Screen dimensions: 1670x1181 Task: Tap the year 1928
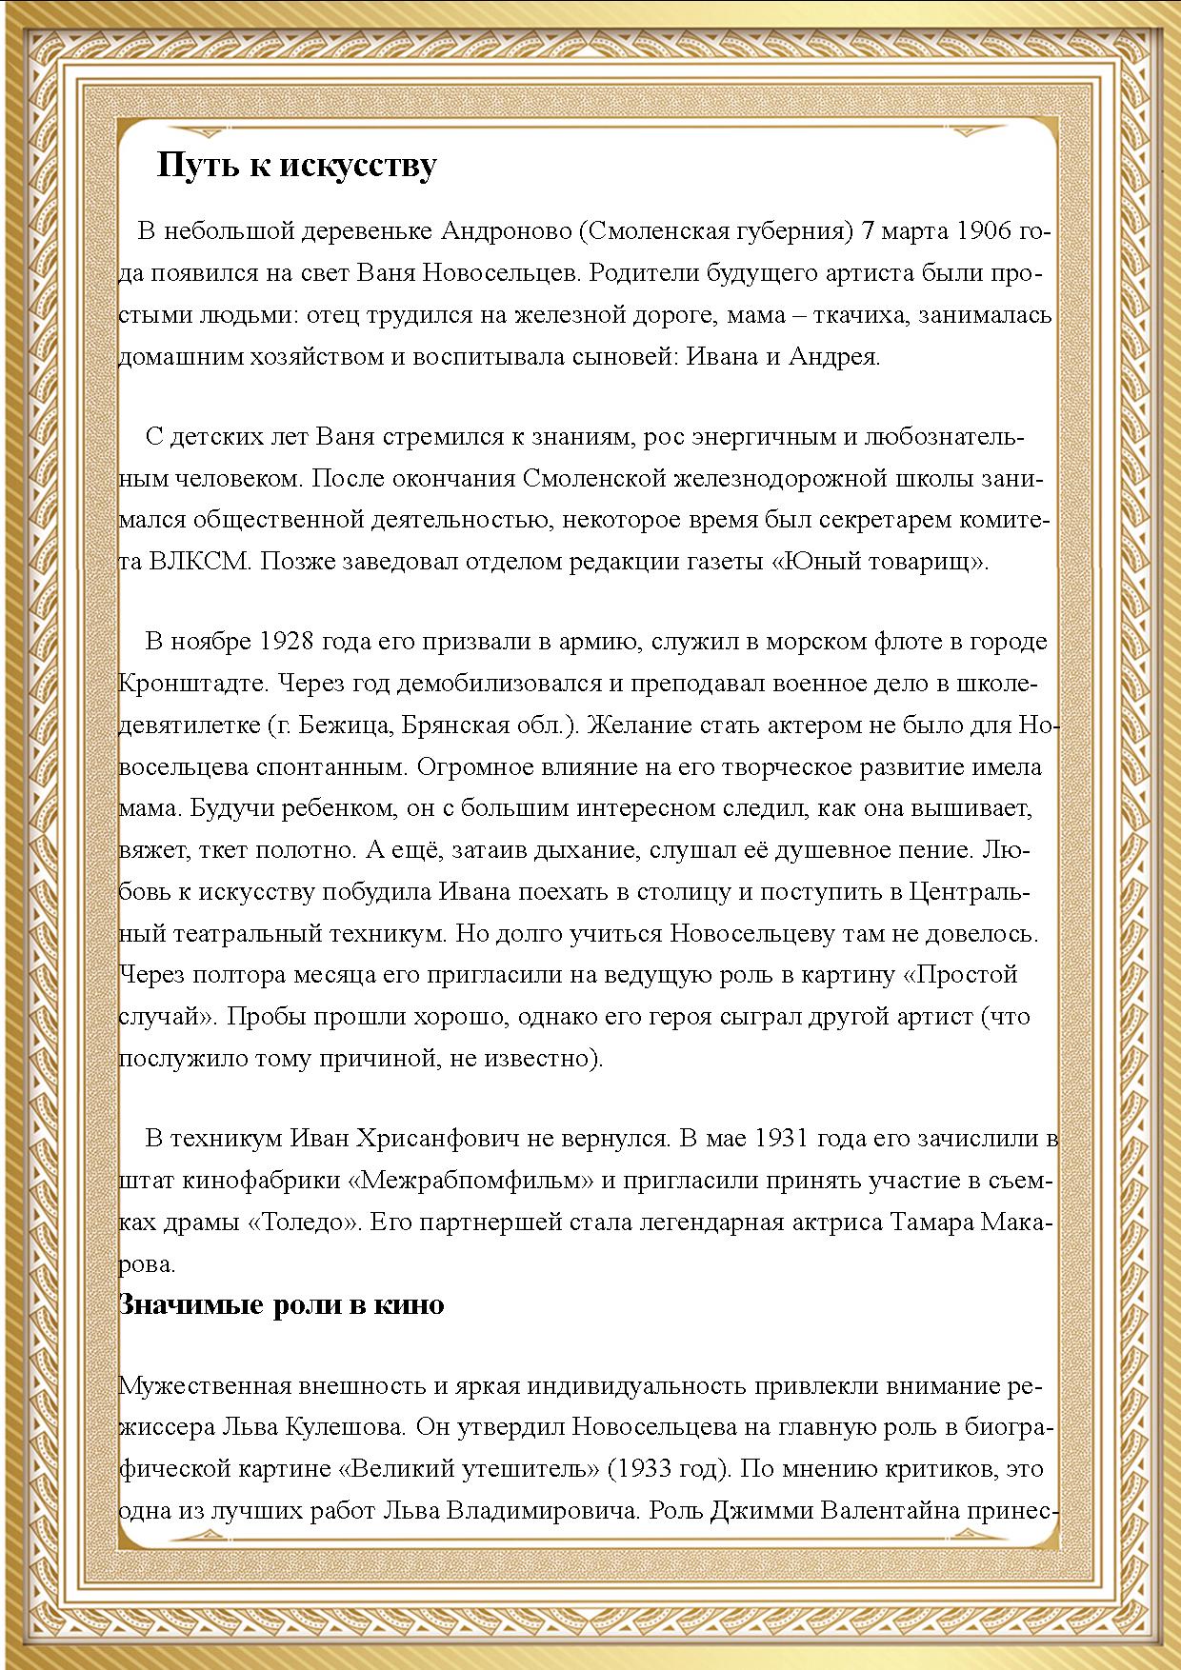coord(287,642)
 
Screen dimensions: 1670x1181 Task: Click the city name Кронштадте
coord(196,684)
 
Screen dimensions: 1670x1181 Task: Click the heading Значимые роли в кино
coord(281,1303)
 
